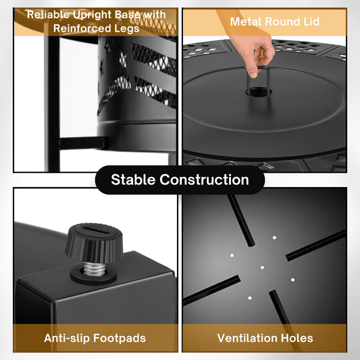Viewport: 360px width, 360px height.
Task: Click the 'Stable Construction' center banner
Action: click(x=180, y=180)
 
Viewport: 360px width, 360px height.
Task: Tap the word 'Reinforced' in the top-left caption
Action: click(x=78, y=28)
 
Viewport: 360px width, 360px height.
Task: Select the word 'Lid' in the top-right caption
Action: click(x=311, y=22)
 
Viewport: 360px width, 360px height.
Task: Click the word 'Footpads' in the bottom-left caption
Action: click(x=120, y=338)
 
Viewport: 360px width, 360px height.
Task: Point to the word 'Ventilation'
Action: click(x=247, y=338)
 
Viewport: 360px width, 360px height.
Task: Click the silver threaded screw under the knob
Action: click(x=95, y=269)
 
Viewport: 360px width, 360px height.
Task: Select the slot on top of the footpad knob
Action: click(x=95, y=230)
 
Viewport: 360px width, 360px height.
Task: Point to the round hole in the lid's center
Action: click(x=259, y=93)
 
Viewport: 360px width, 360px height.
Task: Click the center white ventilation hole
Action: click(x=262, y=267)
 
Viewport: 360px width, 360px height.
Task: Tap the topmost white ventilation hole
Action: click(x=274, y=238)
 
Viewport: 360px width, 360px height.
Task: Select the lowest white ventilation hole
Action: click(x=250, y=298)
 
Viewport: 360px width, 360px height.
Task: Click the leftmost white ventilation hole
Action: click(x=232, y=255)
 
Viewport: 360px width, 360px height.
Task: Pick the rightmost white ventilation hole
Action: click(x=292, y=280)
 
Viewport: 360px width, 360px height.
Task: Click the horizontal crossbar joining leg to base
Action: click(x=82, y=143)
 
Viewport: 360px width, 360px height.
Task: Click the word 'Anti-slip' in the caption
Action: click(x=67, y=338)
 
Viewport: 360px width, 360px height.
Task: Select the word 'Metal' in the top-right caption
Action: click(x=246, y=22)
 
